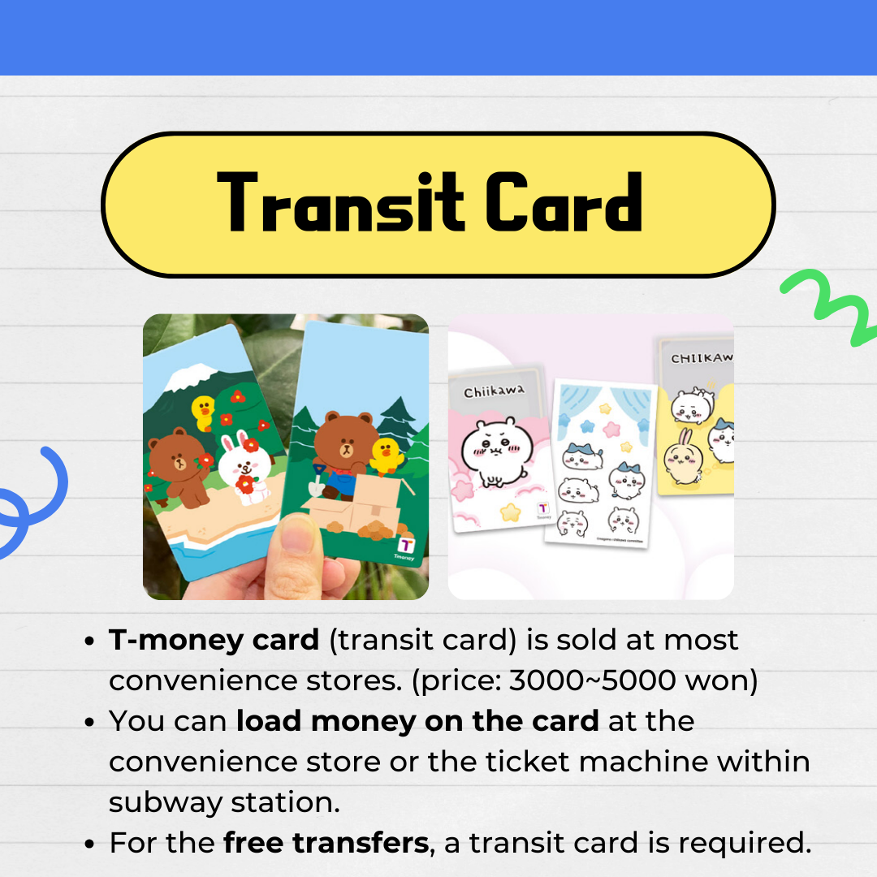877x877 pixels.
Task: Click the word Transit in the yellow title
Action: point(340,202)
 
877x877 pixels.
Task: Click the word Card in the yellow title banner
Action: point(564,202)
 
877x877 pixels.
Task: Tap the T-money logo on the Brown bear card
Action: point(405,547)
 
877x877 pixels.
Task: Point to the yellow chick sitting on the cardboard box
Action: point(387,456)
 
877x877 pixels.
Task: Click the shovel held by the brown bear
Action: point(318,481)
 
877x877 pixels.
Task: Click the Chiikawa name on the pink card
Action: point(494,391)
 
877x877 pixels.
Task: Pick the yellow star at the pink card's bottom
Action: point(510,512)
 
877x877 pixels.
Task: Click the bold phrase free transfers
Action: point(326,842)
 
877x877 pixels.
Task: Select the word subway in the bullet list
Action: point(166,802)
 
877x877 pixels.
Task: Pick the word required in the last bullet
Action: point(745,843)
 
